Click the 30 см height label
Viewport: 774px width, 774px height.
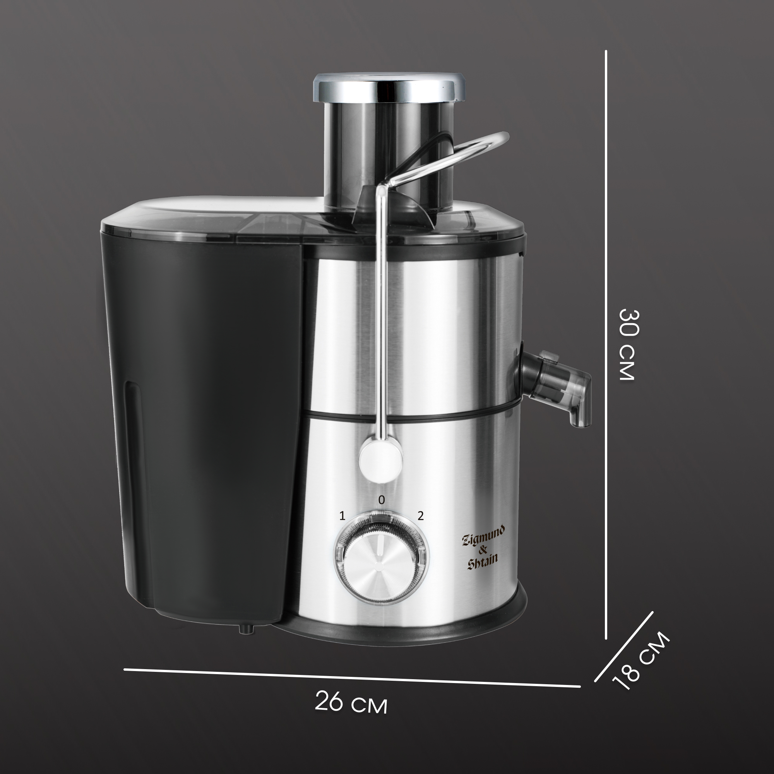coord(628,345)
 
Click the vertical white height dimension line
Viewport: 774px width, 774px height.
coord(606,345)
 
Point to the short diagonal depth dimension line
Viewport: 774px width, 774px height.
coord(624,647)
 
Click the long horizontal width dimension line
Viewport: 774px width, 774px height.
coord(352,678)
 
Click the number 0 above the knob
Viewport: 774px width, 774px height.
coord(382,500)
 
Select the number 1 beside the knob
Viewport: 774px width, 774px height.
coord(342,515)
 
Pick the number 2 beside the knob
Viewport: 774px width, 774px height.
coord(421,515)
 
